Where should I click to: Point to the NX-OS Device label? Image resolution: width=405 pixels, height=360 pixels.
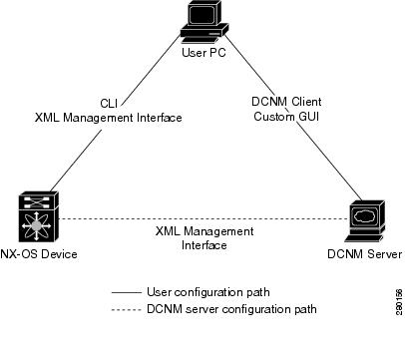pos(39,253)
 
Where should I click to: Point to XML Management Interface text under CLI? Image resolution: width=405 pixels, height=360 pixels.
pos(110,118)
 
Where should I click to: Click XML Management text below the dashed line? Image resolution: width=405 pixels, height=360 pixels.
pos(204,231)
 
